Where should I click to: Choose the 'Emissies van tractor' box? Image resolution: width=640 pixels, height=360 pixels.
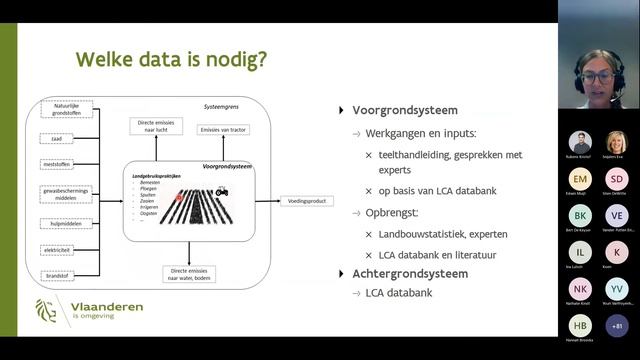(x=225, y=129)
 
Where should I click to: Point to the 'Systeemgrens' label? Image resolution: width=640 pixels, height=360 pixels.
(x=221, y=105)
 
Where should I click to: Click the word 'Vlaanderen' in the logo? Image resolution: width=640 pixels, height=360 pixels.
(x=103, y=306)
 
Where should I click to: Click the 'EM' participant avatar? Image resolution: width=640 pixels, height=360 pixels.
(x=580, y=178)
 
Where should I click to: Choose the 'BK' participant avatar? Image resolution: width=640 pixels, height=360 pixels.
(x=580, y=215)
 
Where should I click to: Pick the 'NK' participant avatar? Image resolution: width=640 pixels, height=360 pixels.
(x=580, y=289)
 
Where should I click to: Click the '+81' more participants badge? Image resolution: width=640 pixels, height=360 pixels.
(x=617, y=325)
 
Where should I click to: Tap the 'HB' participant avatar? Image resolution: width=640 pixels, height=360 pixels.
(x=580, y=325)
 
